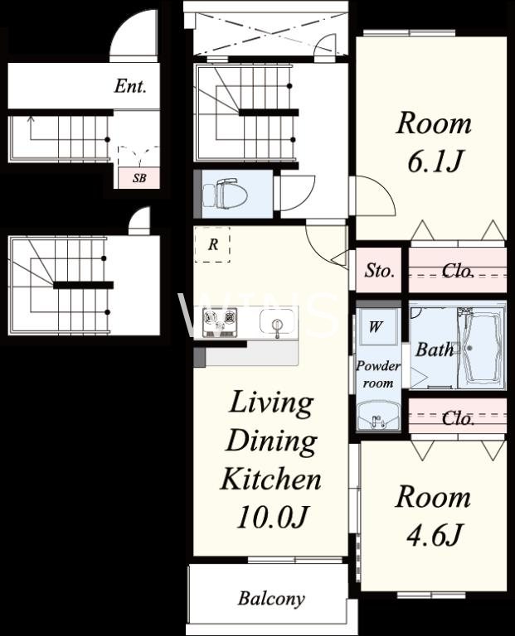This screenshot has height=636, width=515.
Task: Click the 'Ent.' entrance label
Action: point(130,86)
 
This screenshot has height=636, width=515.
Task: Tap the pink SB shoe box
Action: point(138,178)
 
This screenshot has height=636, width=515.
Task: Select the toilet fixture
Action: point(226,194)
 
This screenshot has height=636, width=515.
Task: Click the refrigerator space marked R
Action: point(212,244)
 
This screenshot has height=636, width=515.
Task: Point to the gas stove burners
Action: point(220,321)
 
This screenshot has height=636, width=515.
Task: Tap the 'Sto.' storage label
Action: point(379,271)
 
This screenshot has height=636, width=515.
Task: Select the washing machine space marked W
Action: point(376,326)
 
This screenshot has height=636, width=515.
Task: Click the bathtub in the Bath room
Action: point(482,348)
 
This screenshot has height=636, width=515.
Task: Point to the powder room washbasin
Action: point(378,416)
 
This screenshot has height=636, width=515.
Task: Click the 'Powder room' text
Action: point(378,374)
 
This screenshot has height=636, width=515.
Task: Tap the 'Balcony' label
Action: point(271,599)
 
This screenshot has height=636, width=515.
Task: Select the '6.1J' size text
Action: point(434,161)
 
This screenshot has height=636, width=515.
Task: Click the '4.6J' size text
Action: point(434,535)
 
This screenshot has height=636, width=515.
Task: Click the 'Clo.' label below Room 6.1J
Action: point(458,271)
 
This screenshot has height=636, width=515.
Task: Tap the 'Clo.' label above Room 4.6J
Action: point(458,418)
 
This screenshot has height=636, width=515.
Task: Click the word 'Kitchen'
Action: point(271,479)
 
